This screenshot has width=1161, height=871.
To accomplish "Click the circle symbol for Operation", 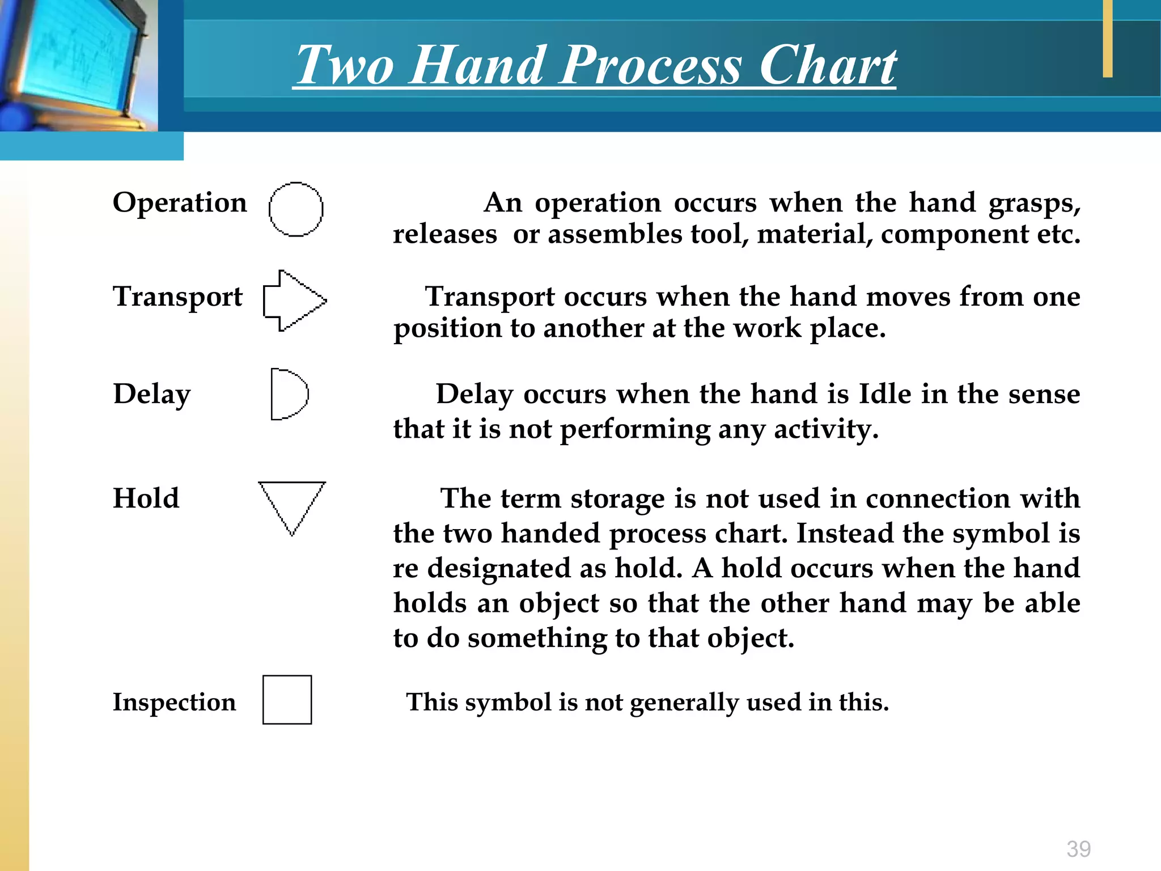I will click(x=295, y=209).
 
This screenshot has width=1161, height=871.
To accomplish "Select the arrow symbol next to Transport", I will click(x=294, y=300).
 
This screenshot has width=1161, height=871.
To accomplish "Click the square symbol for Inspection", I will click(x=287, y=700).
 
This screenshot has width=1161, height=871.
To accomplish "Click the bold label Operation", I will click(x=180, y=203).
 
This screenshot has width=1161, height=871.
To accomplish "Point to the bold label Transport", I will click(x=177, y=297).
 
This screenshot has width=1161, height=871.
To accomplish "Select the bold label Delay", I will click(x=152, y=394).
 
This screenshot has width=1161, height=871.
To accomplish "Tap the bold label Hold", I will click(x=146, y=498).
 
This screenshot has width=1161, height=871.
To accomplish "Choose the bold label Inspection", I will click(x=174, y=702).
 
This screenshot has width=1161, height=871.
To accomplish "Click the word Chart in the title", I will click(x=827, y=65).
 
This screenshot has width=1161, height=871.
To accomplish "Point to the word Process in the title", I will click(x=651, y=65).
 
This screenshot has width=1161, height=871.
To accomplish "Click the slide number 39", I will click(x=1078, y=849).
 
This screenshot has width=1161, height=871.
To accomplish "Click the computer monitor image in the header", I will click(x=77, y=62).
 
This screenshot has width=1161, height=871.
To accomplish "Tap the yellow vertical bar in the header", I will click(x=1107, y=39).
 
